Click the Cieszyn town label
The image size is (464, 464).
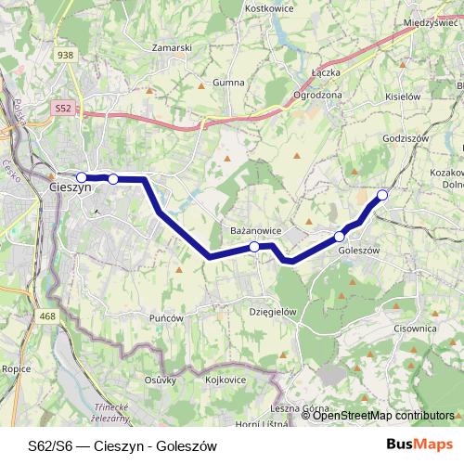tap(69, 187)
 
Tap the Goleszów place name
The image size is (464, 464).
tap(359, 250)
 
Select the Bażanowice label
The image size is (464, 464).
tap(254, 227)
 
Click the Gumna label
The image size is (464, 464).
tap(227, 83)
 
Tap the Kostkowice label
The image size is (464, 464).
tap(269, 7)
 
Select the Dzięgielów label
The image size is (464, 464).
tap(273, 313)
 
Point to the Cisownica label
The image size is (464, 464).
tap(414, 328)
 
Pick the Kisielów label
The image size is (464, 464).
tap(402, 96)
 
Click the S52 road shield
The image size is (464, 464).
tap(63, 109)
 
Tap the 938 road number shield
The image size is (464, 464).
tap(64, 56)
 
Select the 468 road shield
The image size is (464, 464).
tap(47, 317)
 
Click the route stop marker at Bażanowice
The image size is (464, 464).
tap(254, 247)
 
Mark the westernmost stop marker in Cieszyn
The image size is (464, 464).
tap(81, 176)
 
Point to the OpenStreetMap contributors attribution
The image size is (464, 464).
tap(382, 416)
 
